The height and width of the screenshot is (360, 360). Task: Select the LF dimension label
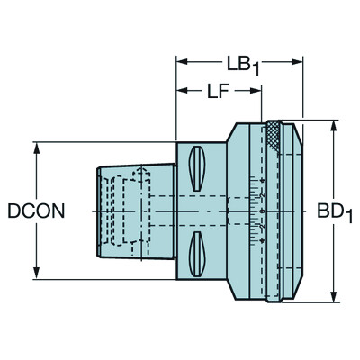point(218,91)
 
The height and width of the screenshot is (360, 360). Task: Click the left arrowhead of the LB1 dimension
point(180,62)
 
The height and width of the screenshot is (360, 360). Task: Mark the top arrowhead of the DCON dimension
point(37,147)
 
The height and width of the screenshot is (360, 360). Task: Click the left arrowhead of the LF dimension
point(180,90)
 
